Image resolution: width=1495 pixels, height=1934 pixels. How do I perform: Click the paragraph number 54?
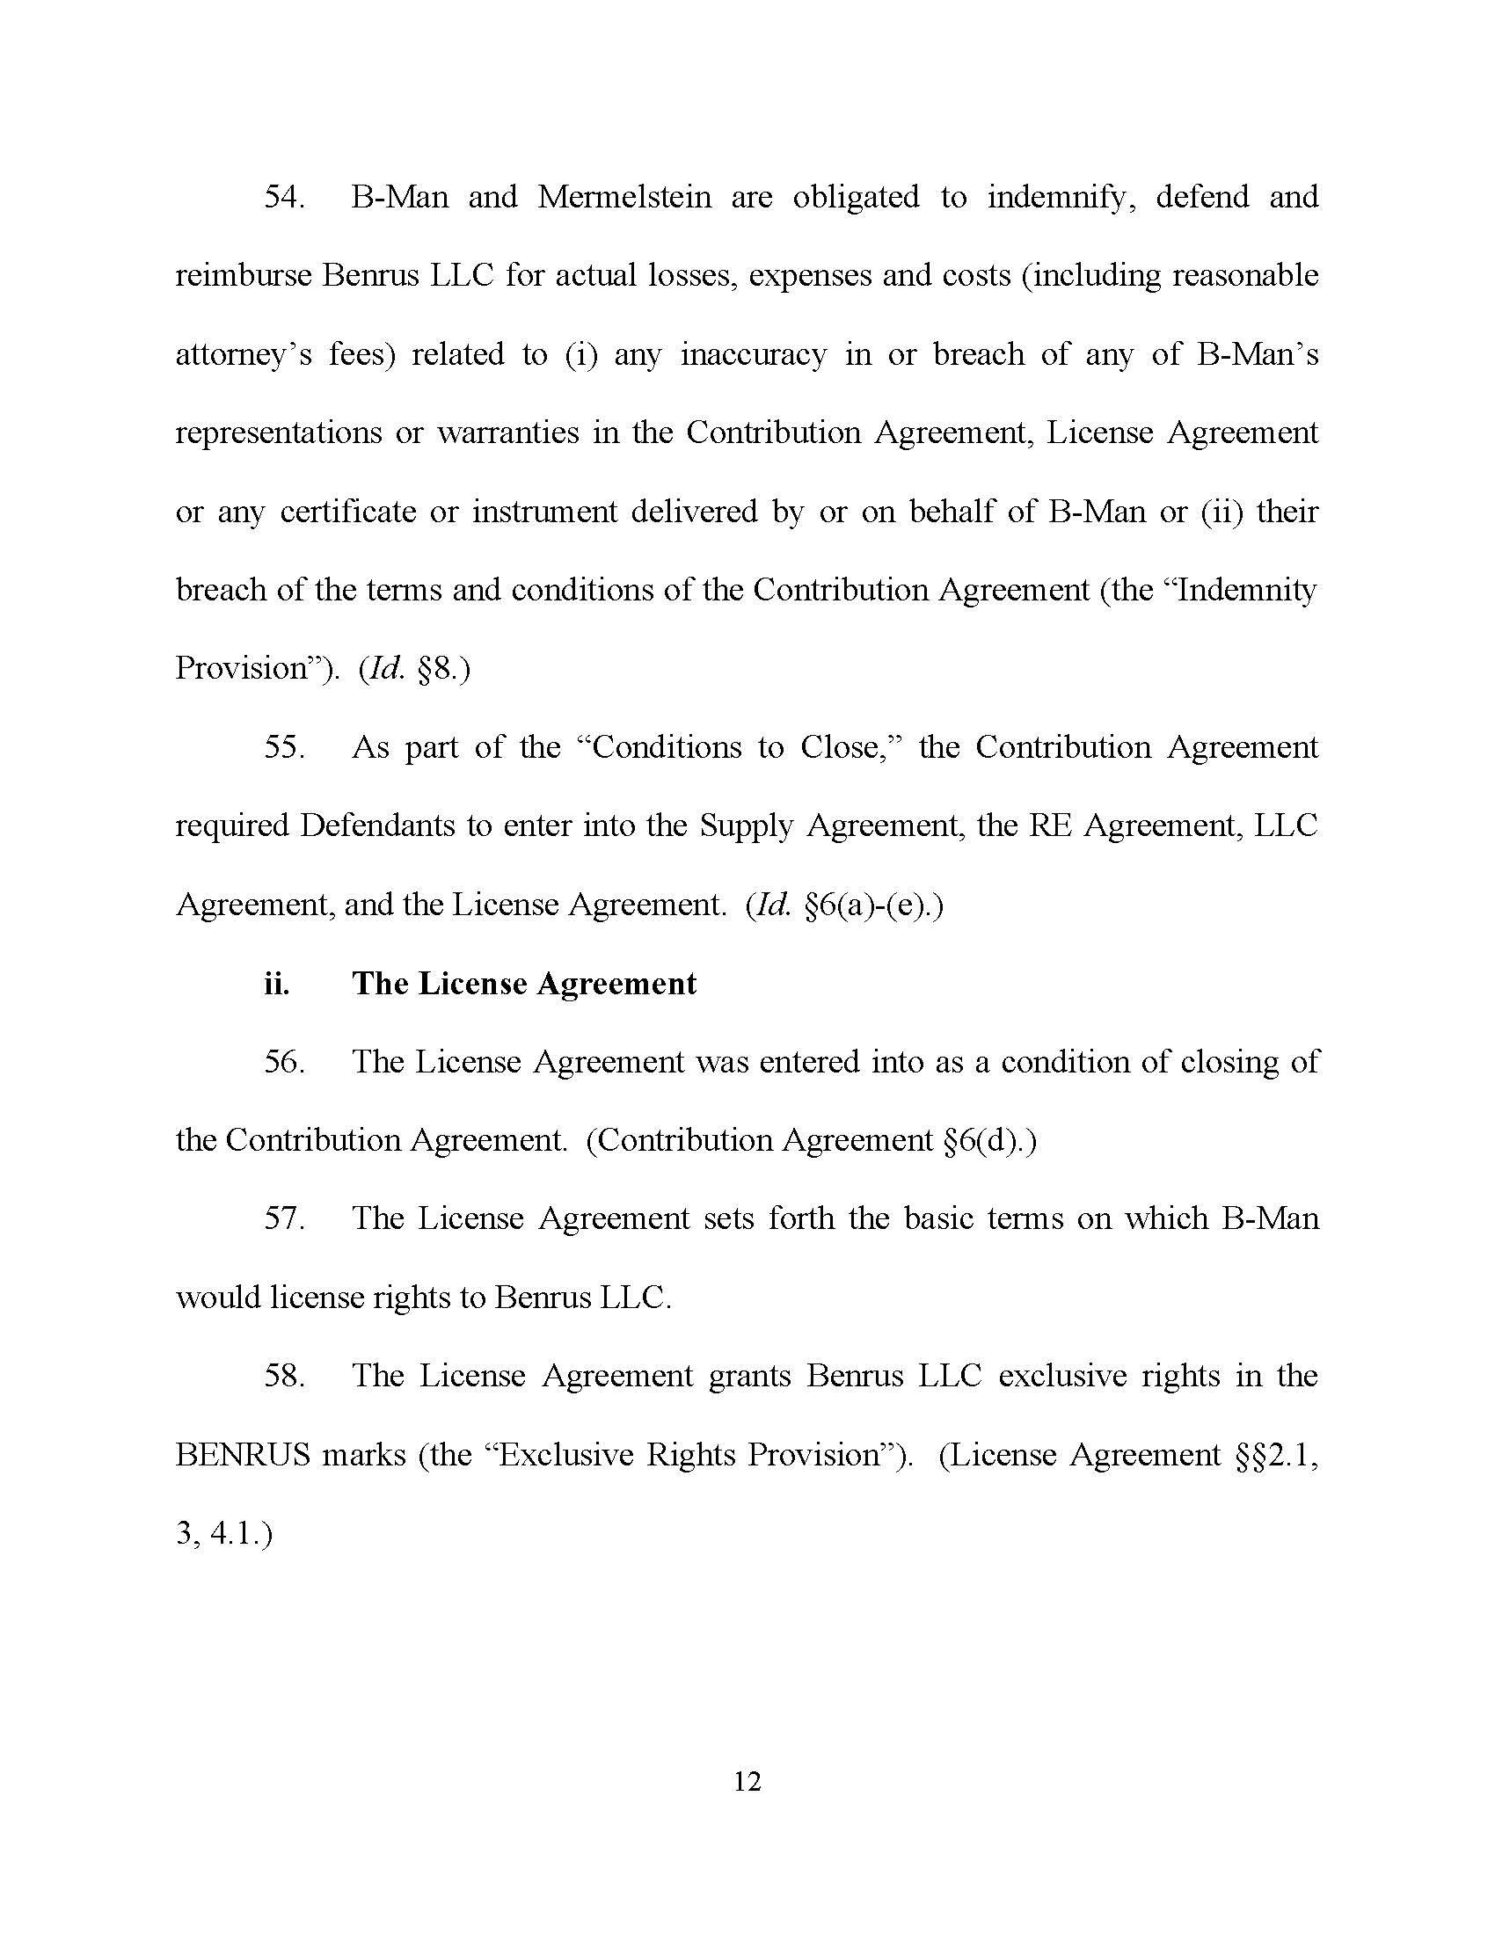[284, 197]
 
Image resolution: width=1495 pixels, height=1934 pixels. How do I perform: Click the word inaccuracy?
[753, 355]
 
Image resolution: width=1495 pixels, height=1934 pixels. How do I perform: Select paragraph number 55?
[284, 747]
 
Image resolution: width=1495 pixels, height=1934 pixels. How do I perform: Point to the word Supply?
[746, 826]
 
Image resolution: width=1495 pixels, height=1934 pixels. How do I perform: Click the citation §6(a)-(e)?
[872, 905]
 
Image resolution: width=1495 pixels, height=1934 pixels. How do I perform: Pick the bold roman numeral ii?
[276, 984]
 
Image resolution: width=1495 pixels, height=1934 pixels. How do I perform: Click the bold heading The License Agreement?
[524, 984]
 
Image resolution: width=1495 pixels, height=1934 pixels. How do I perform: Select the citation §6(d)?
[988, 1140]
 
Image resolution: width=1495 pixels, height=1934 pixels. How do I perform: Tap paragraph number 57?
[284, 1219]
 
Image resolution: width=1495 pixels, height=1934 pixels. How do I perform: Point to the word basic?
[940, 1219]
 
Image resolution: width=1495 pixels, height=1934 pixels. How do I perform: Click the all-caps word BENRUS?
[242, 1455]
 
